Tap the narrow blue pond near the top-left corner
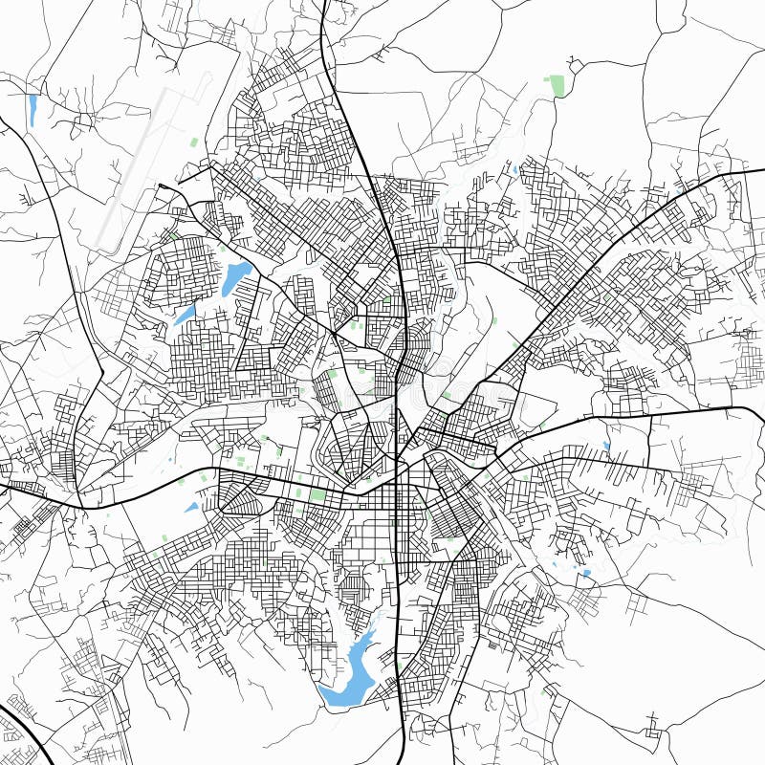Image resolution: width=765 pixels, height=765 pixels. [x=33, y=109]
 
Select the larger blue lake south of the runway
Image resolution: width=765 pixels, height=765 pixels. [x=235, y=278]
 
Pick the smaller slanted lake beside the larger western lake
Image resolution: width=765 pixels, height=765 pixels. [x=185, y=315]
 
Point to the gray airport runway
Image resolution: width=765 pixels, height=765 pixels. [x=143, y=167]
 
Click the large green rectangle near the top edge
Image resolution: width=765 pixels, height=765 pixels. [x=556, y=86]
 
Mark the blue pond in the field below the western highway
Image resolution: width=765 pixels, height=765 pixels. [x=191, y=508]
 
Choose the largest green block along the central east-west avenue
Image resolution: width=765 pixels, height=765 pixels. [x=317, y=495]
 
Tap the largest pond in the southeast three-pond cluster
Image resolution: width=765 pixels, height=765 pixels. [x=585, y=575]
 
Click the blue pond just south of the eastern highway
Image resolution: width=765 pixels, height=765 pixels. [x=606, y=446]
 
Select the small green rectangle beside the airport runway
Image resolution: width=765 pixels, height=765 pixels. [x=195, y=142]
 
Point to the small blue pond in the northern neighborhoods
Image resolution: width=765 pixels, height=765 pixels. [x=514, y=171]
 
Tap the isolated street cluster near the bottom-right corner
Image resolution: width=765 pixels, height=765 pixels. [x=654, y=729]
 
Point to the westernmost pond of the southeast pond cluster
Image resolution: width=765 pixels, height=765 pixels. [x=554, y=567]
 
